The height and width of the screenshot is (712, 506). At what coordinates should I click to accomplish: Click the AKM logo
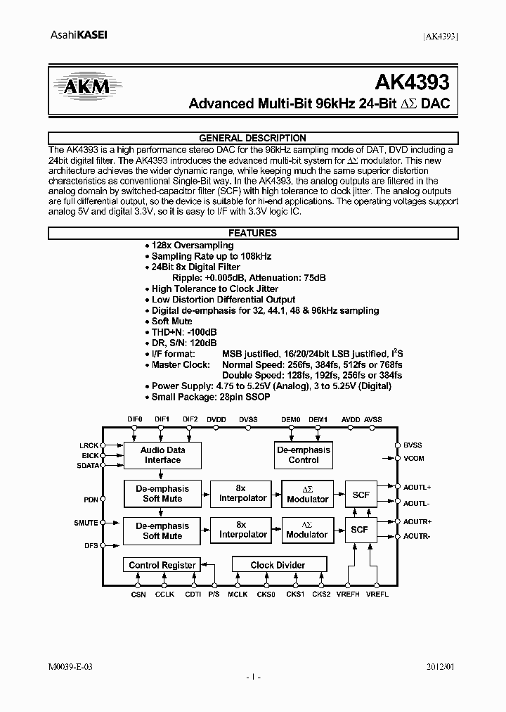coord(84,87)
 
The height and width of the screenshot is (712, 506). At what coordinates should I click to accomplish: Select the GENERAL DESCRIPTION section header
coord(253,138)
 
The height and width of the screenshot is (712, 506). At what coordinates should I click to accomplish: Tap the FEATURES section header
coord(253,233)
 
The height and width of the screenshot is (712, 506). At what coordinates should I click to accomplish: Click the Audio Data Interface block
coord(162,455)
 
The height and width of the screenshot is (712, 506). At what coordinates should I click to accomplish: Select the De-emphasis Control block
coord(303,455)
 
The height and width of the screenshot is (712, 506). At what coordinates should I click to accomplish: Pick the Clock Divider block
coord(278,565)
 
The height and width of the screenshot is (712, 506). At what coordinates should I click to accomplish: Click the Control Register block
coord(162,565)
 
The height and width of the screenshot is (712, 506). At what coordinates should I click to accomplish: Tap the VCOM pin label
coord(414,459)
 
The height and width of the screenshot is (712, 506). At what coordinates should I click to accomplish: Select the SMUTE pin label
coord(86,523)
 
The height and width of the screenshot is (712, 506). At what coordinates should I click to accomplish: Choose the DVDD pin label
coord(216,419)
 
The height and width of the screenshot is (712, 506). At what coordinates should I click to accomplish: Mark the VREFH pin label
coord(348,595)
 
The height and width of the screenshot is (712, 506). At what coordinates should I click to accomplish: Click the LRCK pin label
coord(89,445)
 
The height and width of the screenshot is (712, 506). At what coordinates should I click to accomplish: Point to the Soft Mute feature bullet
coord(171,321)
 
